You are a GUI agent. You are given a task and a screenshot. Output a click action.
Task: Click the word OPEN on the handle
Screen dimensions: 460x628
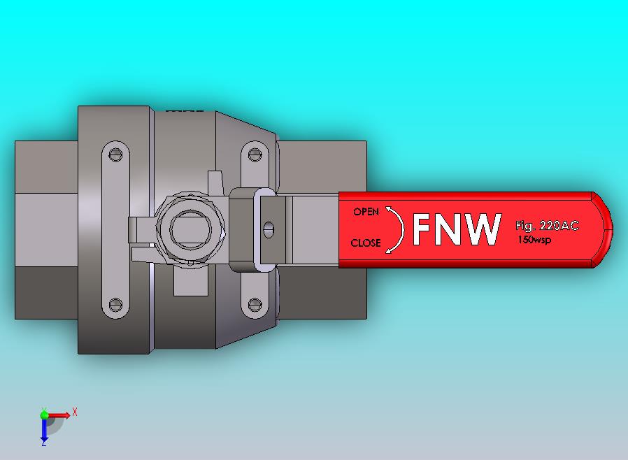tap(366, 212)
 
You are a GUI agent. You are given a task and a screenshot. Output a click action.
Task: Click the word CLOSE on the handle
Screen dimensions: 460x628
tap(366, 243)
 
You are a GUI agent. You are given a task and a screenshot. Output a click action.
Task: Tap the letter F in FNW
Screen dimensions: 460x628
tap(424, 229)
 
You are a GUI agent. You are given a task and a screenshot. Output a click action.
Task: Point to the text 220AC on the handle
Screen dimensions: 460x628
tap(559, 226)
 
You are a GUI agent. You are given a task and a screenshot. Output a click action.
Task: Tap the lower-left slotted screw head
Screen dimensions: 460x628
tap(116, 305)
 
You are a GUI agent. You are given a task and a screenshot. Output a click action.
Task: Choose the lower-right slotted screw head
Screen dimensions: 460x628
tap(255, 305)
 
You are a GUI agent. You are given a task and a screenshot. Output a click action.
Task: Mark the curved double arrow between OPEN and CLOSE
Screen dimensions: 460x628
tap(397, 228)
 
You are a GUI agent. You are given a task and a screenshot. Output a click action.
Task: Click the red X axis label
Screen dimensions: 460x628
tap(75, 412)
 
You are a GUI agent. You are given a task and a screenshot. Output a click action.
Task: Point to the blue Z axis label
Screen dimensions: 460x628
tap(44, 443)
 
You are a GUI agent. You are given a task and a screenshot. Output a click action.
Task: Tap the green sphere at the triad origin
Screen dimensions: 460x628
tap(45, 415)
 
